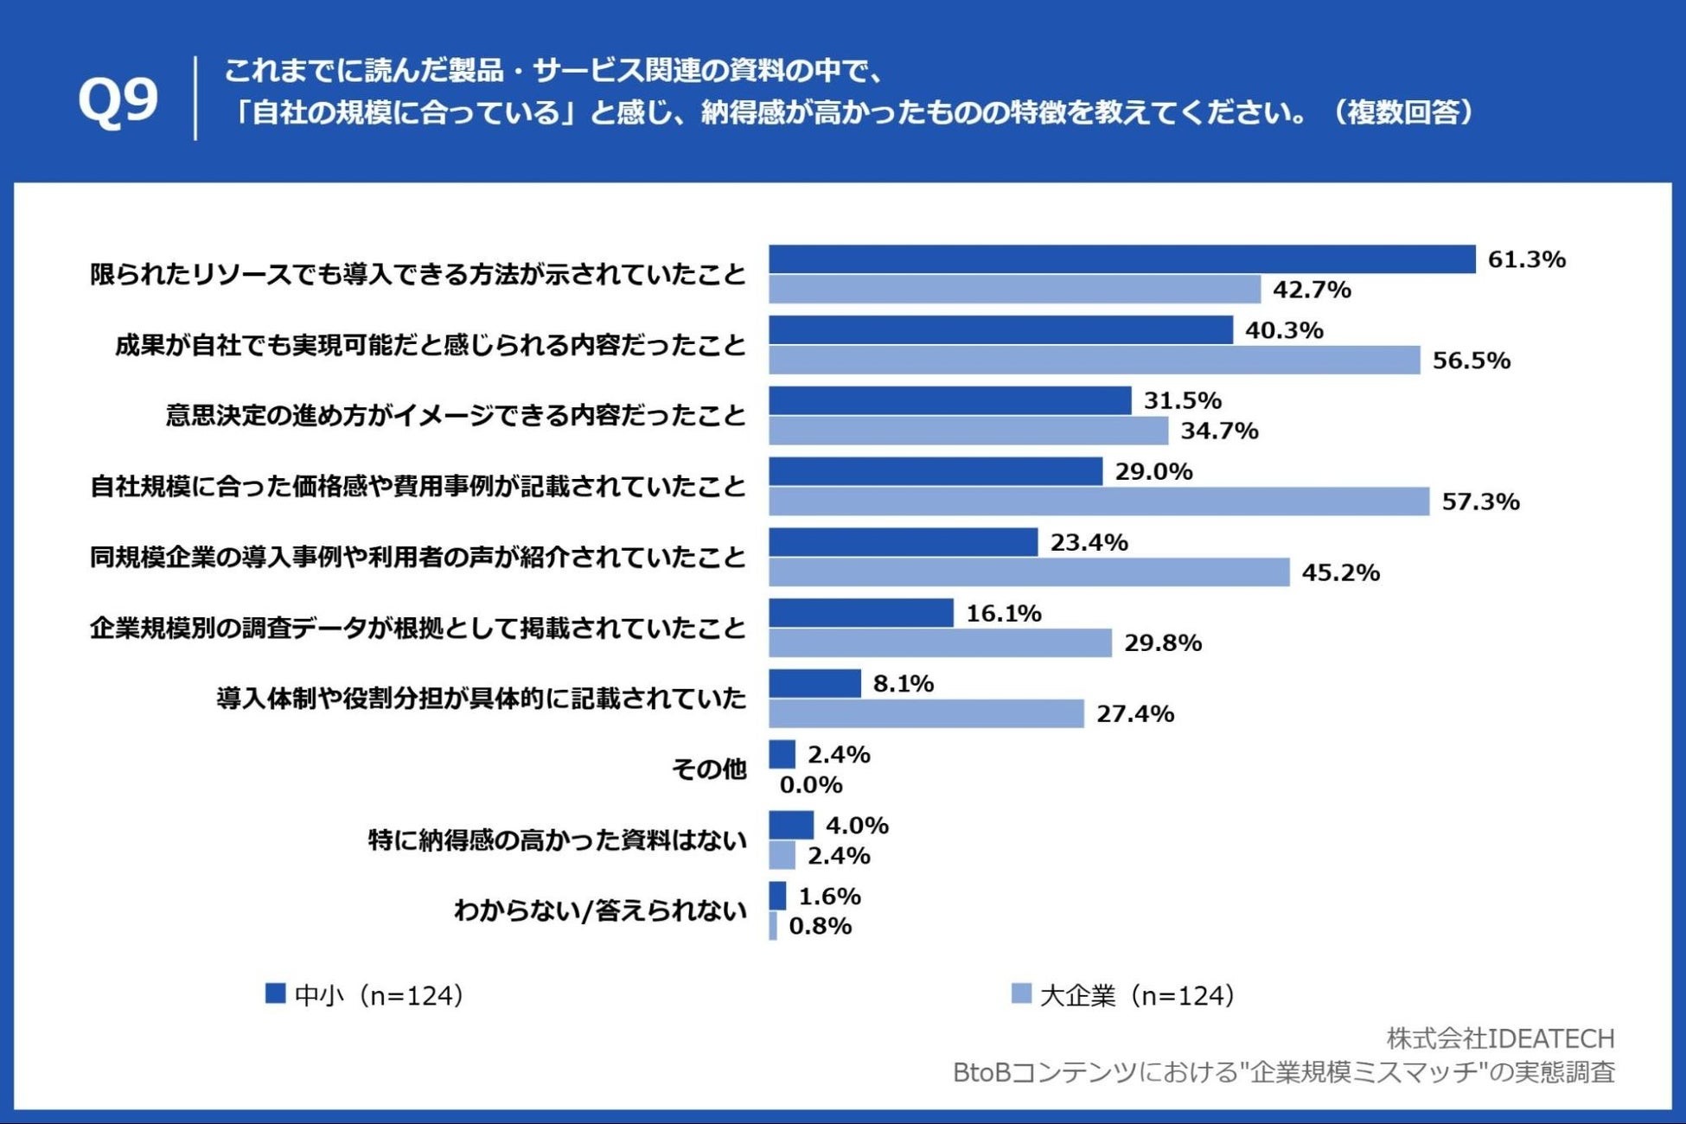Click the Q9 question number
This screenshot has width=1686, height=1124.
click(118, 100)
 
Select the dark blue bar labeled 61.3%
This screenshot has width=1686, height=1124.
click(1121, 259)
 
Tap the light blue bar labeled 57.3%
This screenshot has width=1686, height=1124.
click(1099, 501)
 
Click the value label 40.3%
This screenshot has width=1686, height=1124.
click(1284, 330)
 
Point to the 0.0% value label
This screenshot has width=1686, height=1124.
click(811, 785)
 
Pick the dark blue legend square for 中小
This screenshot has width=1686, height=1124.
click(275, 993)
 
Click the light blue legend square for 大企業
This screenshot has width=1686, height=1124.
click(1021, 993)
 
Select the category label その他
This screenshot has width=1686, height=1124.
click(709, 769)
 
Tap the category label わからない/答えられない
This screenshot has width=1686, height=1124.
click(600, 910)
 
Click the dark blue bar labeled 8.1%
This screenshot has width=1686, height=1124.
click(814, 683)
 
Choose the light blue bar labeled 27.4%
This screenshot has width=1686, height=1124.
click(926, 714)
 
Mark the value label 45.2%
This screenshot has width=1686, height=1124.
click(1340, 572)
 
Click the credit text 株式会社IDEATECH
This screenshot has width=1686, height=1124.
click(1500, 1038)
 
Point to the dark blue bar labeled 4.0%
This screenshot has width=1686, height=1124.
click(791, 825)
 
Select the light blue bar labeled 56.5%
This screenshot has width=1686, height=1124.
click(1094, 361)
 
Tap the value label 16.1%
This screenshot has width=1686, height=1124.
click(1004, 613)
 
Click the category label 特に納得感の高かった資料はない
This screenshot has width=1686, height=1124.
click(558, 840)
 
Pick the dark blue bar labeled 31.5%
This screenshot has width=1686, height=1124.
click(949, 400)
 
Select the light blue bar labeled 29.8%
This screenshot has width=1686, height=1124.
click(940, 643)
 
